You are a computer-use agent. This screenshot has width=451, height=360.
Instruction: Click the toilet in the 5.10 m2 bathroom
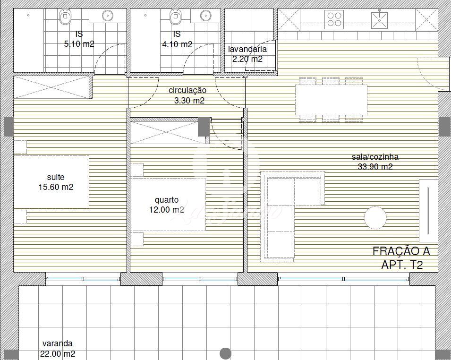pos(65,17)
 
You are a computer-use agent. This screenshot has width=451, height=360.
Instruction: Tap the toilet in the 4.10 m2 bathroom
pos(176,17)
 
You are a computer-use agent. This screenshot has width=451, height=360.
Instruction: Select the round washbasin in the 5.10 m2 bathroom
pos(108,16)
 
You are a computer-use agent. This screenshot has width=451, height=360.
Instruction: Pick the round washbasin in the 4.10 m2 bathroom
pos(205,16)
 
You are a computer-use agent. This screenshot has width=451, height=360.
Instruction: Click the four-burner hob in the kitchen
pos(334,19)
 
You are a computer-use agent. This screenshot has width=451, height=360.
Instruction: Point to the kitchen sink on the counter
pos(379,20)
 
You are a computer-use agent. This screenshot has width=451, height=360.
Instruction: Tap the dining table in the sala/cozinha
pos(331,100)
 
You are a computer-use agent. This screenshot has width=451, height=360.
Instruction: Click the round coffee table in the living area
pos(375,217)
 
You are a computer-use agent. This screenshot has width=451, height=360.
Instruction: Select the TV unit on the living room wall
pos(428,211)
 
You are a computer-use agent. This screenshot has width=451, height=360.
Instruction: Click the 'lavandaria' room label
pos(247,49)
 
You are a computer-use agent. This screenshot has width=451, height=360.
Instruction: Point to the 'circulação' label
pos(187,90)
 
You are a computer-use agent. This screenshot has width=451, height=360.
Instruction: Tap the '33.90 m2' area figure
pos(375,167)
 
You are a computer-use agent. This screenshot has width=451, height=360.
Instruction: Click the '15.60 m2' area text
pos(56,187)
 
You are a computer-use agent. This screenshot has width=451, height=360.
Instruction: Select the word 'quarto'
pos(167,200)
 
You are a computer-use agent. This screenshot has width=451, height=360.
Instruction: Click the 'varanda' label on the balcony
pos(57,343)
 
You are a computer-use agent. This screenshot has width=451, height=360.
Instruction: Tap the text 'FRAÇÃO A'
pos(401,251)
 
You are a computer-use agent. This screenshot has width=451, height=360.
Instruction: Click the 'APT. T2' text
pos(402,265)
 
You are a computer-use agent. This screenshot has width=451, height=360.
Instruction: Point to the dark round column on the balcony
pos(226,353)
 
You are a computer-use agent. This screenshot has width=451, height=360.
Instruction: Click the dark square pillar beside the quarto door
pos(204,127)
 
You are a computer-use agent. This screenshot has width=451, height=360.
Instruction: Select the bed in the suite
pos(51,182)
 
